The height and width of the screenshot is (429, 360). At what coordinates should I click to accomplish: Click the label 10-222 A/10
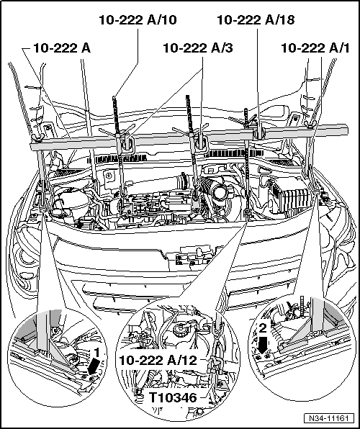(x=138, y=20)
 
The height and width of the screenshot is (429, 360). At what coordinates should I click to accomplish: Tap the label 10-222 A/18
(x=256, y=20)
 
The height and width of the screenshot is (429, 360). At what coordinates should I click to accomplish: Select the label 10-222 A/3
(x=198, y=48)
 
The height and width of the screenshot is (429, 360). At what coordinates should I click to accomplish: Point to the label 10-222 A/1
(x=315, y=48)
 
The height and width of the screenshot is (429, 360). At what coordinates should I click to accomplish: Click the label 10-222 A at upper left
(x=62, y=48)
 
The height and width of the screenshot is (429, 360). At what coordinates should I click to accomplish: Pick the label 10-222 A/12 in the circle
(x=158, y=361)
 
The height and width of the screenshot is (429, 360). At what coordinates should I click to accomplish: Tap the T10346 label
(x=173, y=397)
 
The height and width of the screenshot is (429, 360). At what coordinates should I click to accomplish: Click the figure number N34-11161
(x=328, y=418)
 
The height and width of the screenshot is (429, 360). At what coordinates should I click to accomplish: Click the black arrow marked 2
(x=262, y=344)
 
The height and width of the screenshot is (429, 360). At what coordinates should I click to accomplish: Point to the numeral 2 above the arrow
(x=263, y=328)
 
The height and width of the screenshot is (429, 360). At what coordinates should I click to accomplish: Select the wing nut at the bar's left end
(x=37, y=138)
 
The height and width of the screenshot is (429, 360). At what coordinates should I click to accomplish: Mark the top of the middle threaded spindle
(x=188, y=96)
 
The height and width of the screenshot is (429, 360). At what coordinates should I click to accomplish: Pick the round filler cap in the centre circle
(x=181, y=328)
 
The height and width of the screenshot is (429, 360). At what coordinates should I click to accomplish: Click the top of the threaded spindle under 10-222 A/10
(x=114, y=97)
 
